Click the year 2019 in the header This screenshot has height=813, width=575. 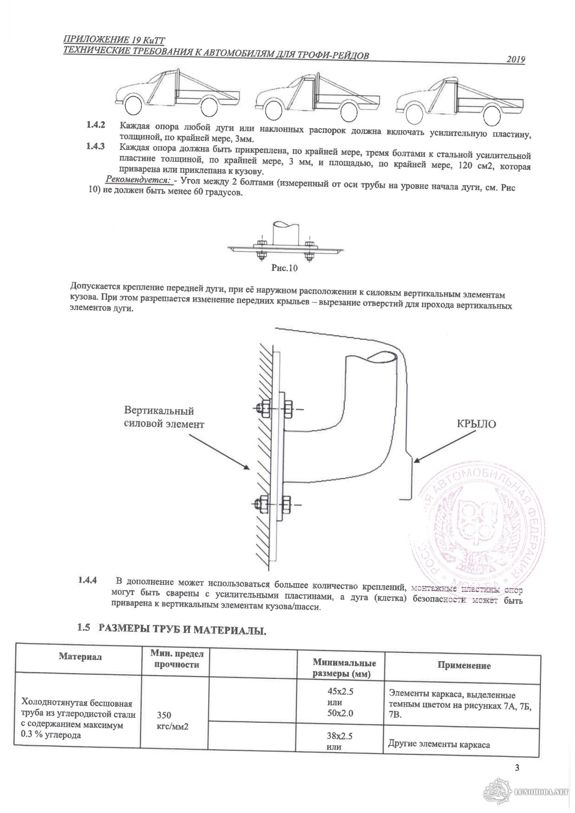(516, 60)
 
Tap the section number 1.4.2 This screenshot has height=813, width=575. (96, 125)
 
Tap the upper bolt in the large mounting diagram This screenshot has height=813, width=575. (275, 408)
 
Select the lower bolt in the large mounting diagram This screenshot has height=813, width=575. (275, 505)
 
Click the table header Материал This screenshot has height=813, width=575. (80, 656)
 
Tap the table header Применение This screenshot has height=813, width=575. (464, 665)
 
